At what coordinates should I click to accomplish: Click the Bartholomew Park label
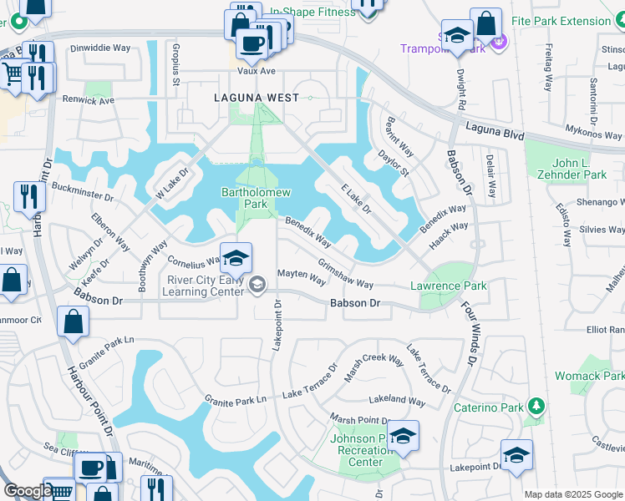pyautogui.click(x=256, y=198)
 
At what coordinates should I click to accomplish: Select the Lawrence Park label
pyautogui.click(x=448, y=286)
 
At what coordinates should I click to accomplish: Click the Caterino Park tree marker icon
pyautogui.click(x=535, y=408)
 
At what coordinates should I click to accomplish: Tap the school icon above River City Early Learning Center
pyautogui.click(x=236, y=257)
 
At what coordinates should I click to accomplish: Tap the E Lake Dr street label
pyautogui.click(x=356, y=200)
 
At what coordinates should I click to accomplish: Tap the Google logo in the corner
pyautogui.click(x=27, y=491)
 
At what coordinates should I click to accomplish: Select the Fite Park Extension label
pyautogui.click(x=572, y=21)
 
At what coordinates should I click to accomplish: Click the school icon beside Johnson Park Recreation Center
pyautogui.click(x=403, y=436)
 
